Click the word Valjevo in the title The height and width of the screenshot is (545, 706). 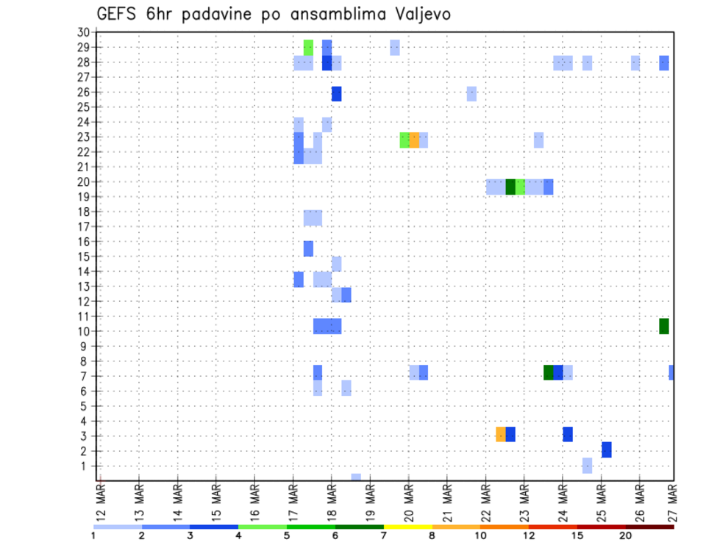tap(421, 14)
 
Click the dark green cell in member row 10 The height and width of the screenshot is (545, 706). tap(664, 326)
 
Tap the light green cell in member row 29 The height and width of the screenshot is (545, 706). tap(308, 47)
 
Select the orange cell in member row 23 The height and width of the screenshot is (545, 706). tap(414, 140)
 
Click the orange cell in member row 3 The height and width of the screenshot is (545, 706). tap(501, 434)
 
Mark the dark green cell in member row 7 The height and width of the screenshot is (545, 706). tap(549, 372)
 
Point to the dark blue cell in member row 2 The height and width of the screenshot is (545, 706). tap(607, 450)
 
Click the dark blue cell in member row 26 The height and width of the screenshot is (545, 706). tap(337, 93)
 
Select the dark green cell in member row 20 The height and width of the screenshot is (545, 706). tap(510, 187)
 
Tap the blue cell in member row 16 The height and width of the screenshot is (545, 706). tap(308, 248)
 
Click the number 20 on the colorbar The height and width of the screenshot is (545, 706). tap(626, 536)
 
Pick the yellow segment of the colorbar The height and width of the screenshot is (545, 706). tap(407, 527)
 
